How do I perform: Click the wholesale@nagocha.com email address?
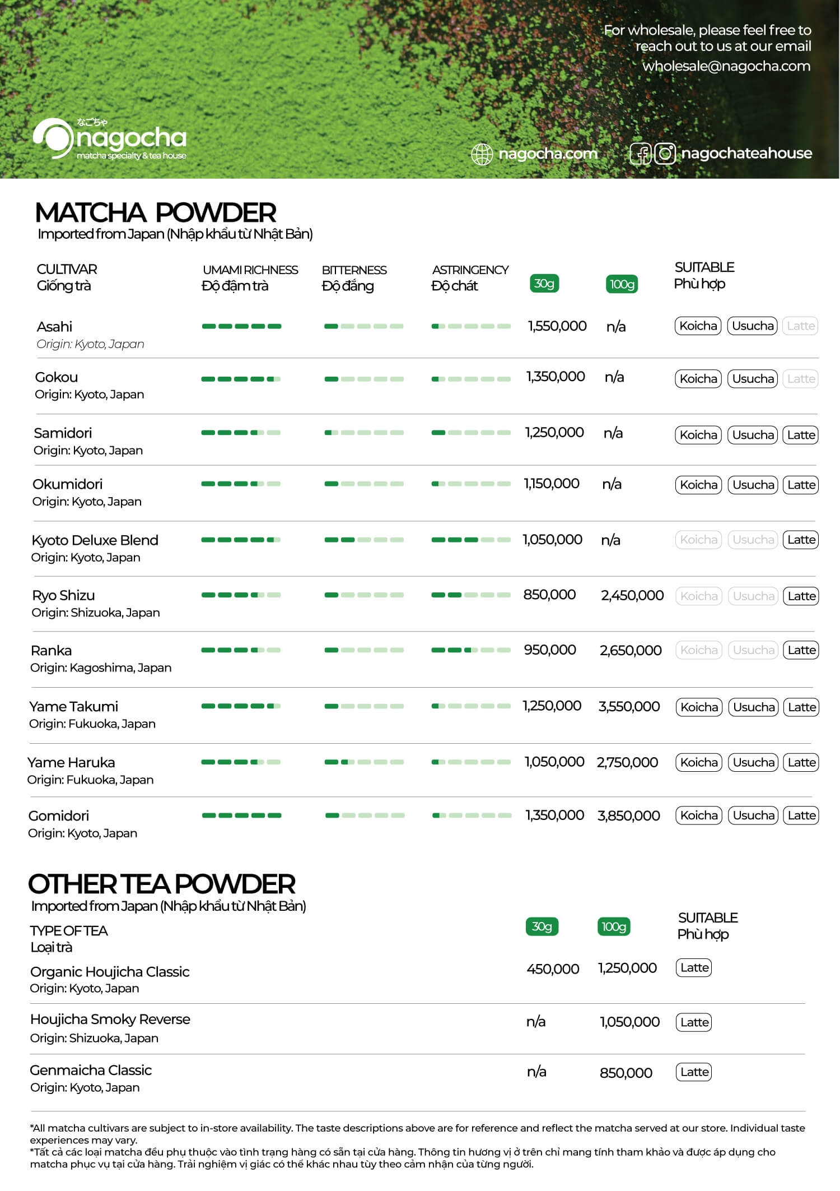click(x=726, y=66)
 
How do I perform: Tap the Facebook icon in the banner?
click(x=641, y=154)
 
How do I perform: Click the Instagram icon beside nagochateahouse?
click(x=665, y=154)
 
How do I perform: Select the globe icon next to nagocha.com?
click(x=482, y=154)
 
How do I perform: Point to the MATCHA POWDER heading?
click(x=156, y=213)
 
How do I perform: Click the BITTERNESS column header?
click(x=354, y=270)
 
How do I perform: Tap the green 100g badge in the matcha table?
click(x=622, y=284)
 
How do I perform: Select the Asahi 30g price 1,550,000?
click(x=557, y=326)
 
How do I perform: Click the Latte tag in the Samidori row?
click(x=801, y=435)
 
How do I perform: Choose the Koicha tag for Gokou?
click(x=698, y=379)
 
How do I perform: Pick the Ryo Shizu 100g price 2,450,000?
click(x=632, y=595)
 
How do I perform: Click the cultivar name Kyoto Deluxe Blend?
click(x=95, y=540)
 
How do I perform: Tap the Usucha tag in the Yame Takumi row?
click(x=754, y=707)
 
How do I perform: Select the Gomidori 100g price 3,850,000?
click(x=628, y=815)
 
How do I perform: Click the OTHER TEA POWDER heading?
click(x=162, y=884)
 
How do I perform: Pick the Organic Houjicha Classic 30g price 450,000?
click(x=553, y=968)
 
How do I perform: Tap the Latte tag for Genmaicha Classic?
click(x=694, y=1072)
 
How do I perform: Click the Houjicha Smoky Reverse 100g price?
click(x=629, y=1022)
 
